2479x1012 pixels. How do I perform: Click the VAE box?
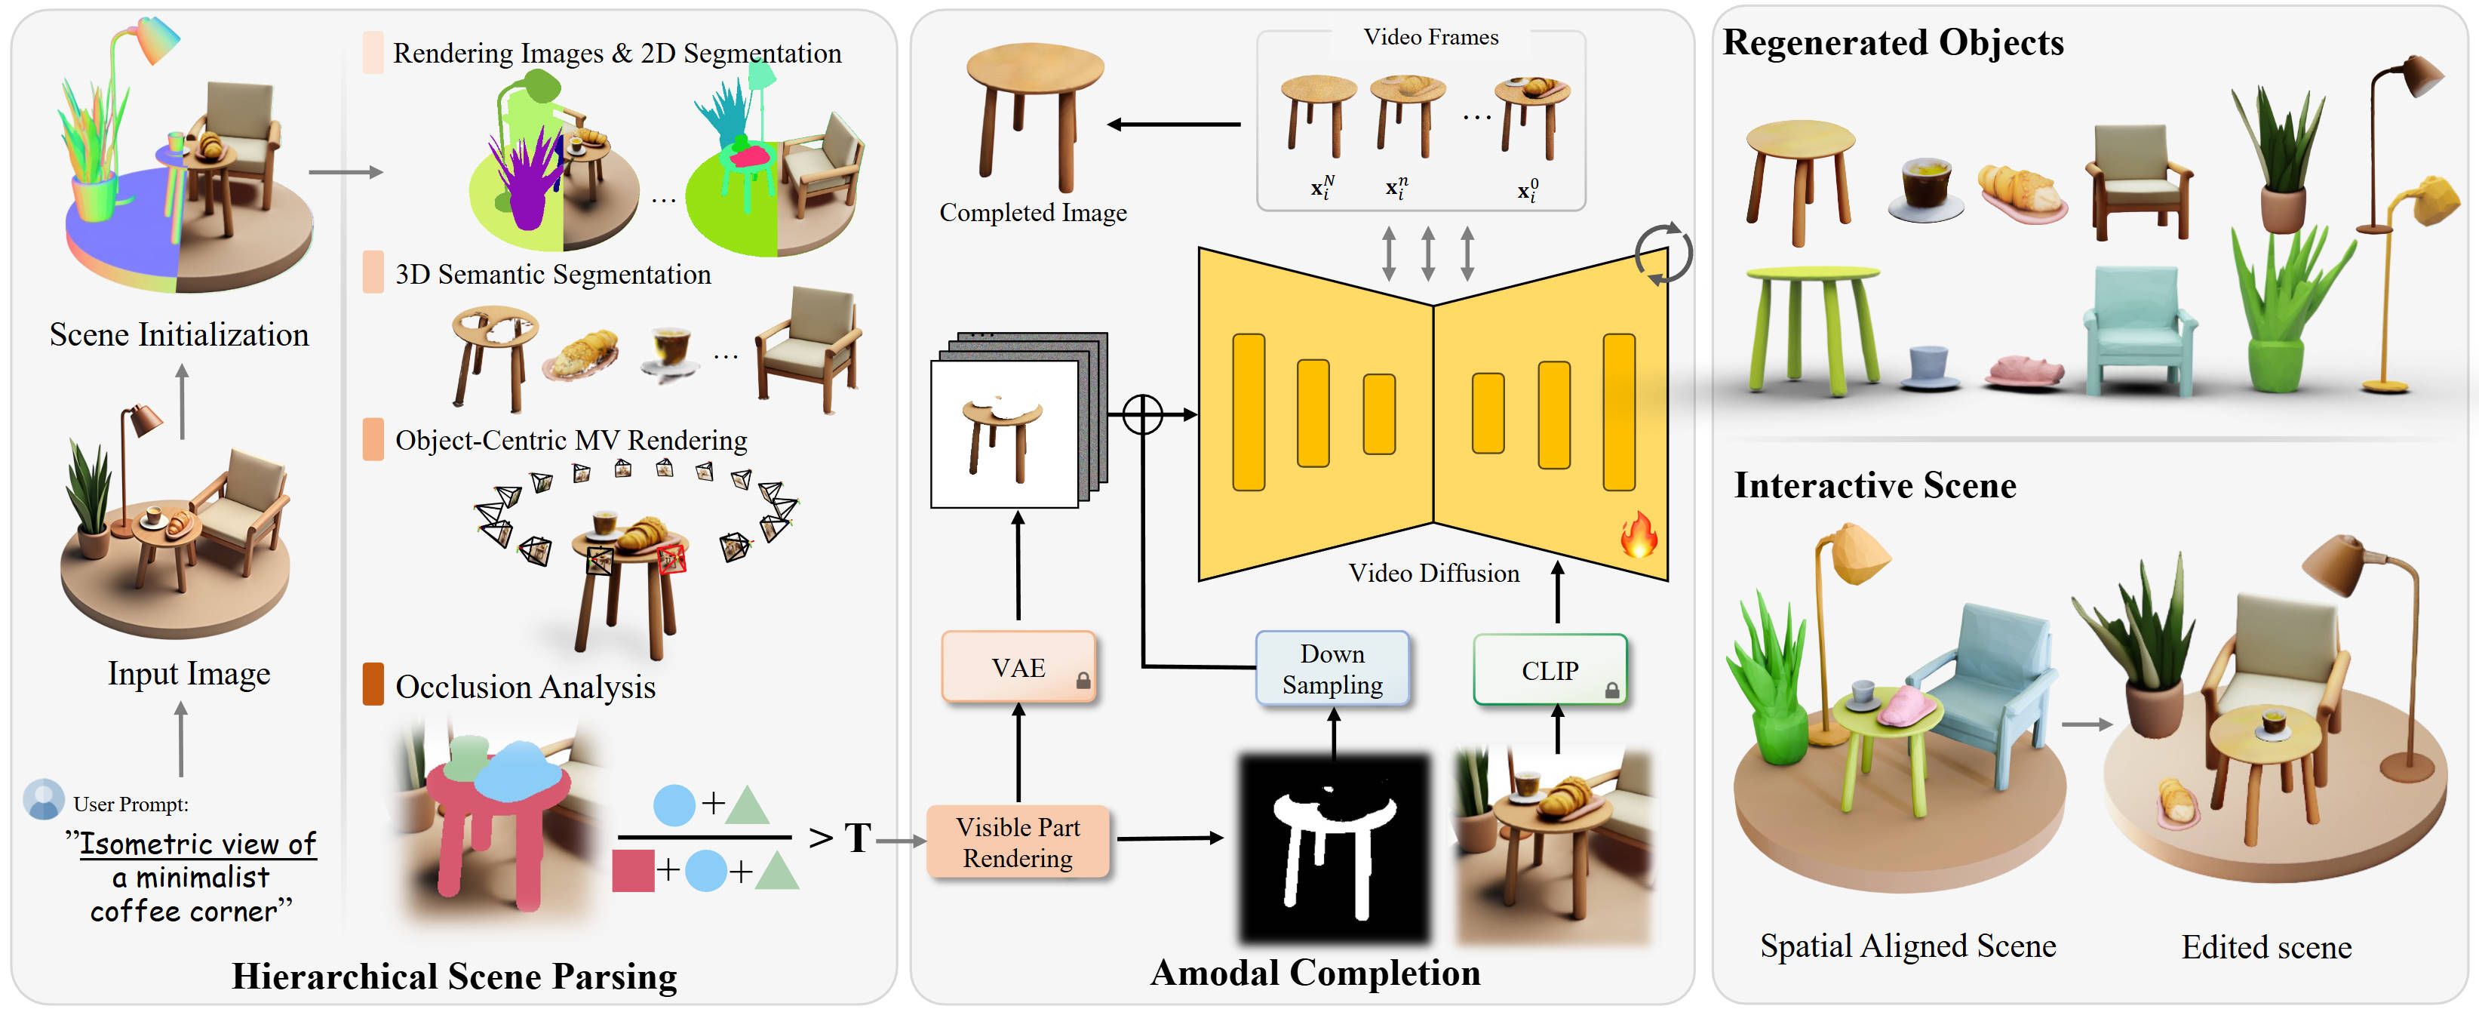pos(1018,667)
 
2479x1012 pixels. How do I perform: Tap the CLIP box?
pos(1550,670)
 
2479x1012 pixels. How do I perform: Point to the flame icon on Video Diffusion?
pos(1638,534)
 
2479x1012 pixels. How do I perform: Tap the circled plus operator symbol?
pos(1142,415)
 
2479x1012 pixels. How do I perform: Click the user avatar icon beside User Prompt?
pos(43,799)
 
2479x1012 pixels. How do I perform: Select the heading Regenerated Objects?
pos(1892,42)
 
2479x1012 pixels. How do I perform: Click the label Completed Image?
pos(1033,213)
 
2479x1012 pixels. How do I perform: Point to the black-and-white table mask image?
pos(1334,847)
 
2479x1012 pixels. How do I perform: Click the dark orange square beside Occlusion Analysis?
pos(373,684)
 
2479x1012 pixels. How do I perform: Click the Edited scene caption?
pos(2266,948)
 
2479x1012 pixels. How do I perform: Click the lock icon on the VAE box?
pos(1083,681)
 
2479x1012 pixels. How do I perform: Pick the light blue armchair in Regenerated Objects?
pos(2140,332)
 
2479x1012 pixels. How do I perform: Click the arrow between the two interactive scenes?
pos(2087,724)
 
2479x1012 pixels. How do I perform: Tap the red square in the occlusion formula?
pos(632,870)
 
